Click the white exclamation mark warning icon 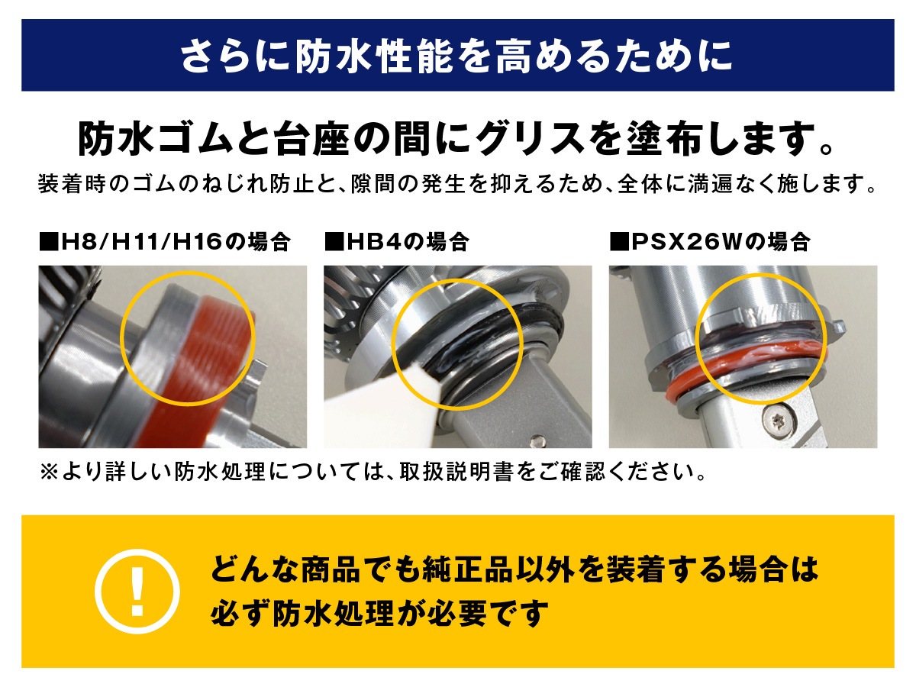[137, 591]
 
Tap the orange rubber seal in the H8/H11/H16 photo [196, 367]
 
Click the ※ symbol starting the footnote [50, 473]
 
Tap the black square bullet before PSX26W [620, 242]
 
